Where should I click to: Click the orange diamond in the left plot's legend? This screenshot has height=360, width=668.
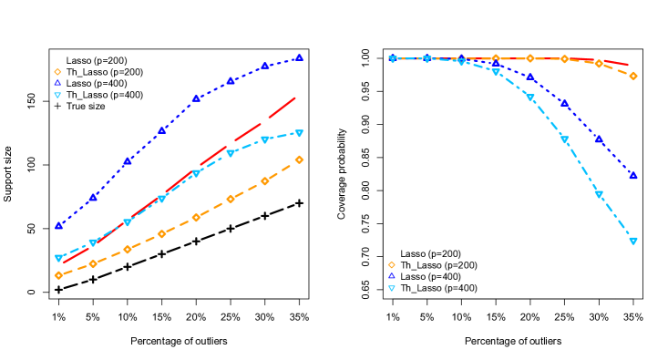pos(57,72)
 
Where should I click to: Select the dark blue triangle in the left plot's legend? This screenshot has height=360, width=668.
pos(57,83)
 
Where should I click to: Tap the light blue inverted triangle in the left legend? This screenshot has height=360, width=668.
pos(57,95)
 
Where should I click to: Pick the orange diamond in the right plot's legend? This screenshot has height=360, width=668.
pos(392,265)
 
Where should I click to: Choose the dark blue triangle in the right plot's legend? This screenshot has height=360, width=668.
pos(392,275)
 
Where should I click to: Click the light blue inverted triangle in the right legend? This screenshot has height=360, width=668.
pos(392,288)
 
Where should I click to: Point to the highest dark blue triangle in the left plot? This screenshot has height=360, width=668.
pos(299,57)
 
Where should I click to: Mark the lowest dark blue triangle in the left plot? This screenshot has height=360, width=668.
pos(58,225)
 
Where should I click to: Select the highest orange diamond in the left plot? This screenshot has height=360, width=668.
pos(299,159)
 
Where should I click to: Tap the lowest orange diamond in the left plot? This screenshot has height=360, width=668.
pos(58,275)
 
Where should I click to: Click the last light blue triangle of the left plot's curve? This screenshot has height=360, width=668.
pos(299,133)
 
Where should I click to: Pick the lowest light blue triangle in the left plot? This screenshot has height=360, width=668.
pos(58,258)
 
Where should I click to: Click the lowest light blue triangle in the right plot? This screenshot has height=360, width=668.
pos(632,242)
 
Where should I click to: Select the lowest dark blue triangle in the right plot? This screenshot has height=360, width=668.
pos(632,175)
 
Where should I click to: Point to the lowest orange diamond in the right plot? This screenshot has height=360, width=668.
pos(632,76)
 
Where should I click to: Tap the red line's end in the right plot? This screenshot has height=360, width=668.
pos(628,65)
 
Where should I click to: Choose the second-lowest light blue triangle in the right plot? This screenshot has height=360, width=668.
pos(599,195)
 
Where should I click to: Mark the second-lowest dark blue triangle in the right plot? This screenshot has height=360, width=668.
pos(599,139)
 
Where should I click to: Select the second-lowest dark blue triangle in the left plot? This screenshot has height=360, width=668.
pos(93,197)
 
